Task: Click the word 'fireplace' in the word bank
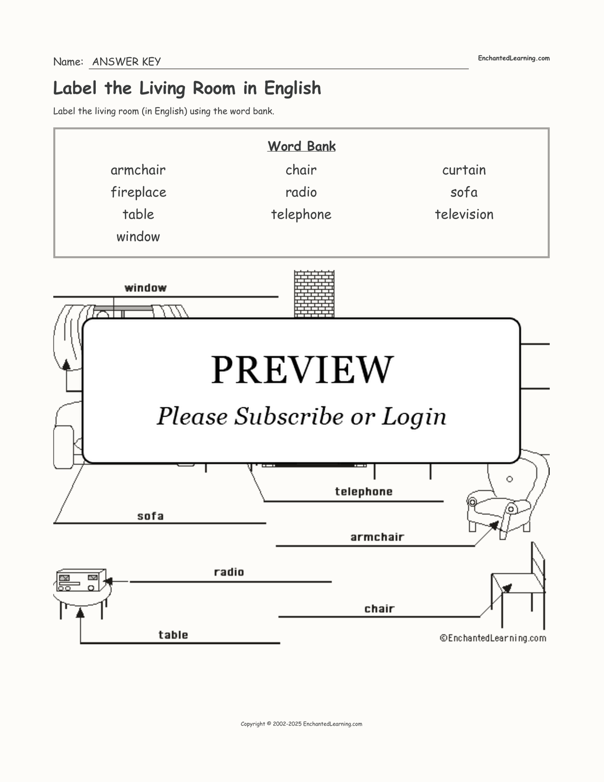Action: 139,193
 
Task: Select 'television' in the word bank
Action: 464,214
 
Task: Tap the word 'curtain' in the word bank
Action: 464,170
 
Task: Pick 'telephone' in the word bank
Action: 301,215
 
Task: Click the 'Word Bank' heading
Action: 302,146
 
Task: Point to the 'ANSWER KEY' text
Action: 127,62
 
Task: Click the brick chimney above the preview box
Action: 314,294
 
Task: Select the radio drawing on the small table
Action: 81,580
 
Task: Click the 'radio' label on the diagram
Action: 229,572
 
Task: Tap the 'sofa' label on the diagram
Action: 151,516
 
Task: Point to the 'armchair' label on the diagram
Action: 377,537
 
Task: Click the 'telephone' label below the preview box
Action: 364,492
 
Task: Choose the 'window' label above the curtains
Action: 146,288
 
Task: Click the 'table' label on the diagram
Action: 173,634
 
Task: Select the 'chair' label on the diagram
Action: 379,609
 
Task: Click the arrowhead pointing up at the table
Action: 80,612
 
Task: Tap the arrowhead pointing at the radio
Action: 108,581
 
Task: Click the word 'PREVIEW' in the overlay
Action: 302,370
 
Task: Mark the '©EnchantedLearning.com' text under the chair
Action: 493,638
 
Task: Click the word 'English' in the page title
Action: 293,88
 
